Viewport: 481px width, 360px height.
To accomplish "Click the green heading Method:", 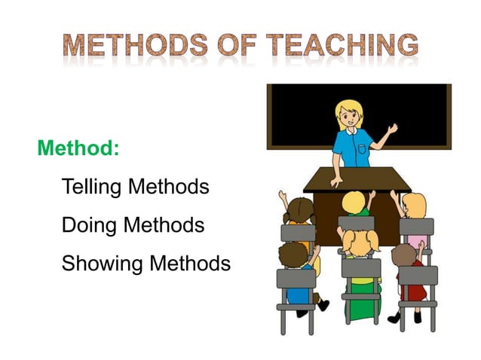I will coord(78,148).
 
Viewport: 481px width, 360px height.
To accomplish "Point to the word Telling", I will coord(92,186).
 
